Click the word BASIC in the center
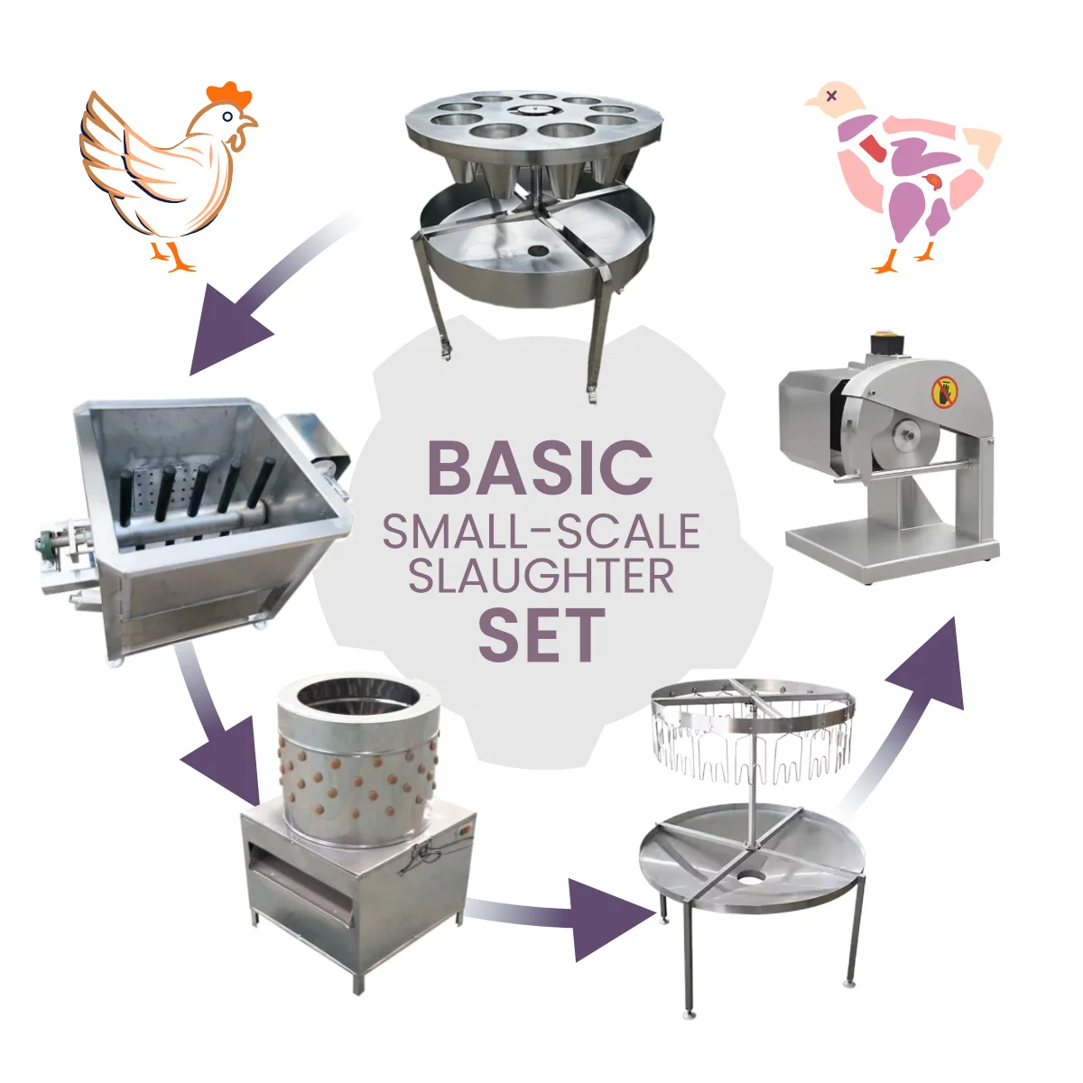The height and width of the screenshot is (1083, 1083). coord(540,467)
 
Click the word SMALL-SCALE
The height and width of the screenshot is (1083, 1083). coord(541,531)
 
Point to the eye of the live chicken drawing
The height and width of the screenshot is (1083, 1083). coord(227,117)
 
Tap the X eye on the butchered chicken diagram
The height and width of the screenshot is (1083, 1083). coord(832,96)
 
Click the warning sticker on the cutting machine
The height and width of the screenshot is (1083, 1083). coord(944,391)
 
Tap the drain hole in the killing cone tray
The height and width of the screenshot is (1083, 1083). coord(539,250)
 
